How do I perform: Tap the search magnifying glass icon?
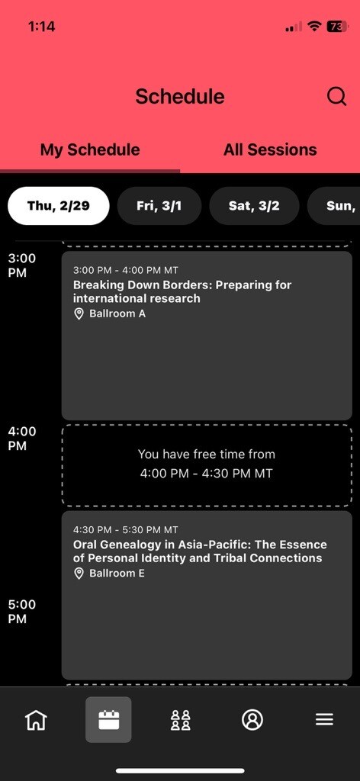(336, 96)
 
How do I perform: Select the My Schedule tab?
(90, 149)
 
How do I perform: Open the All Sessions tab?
(270, 149)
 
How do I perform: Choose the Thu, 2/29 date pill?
(58, 206)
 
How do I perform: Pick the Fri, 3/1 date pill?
(159, 206)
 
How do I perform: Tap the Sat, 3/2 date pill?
(254, 206)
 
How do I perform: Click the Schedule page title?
(180, 96)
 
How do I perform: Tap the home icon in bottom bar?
(37, 720)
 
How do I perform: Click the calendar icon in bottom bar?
(108, 720)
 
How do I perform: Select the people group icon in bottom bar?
(180, 720)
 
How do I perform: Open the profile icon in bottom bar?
(252, 720)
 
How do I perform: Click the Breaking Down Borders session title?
(182, 291)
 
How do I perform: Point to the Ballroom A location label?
(117, 313)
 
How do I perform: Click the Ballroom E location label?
(117, 573)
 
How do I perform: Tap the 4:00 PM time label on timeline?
(22, 439)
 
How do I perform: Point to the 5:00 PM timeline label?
(22, 612)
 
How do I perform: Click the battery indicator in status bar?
(338, 27)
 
